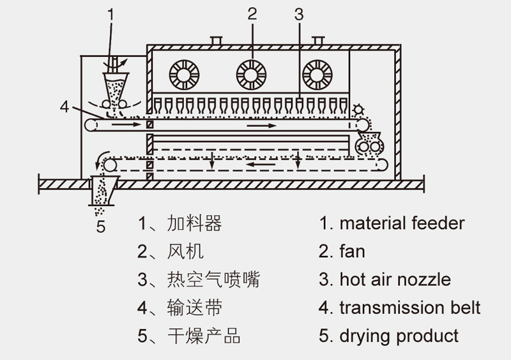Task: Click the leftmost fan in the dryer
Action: tap(185, 74)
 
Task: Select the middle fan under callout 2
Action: tap(251, 74)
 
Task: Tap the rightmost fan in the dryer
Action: tap(317, 74)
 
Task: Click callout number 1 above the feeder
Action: tap(111, 13)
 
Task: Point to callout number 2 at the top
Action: tap(252, 13)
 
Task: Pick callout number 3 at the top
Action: tap(299, 13)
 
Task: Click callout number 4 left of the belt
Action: tap(64, 107)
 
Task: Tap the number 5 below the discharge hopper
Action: tap(100, 226)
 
